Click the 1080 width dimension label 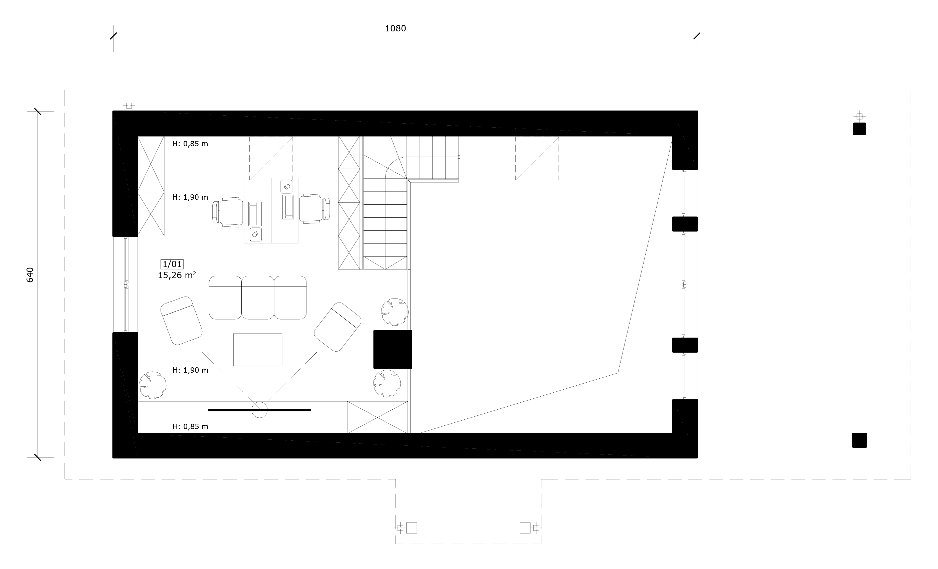point(396,29)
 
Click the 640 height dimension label point(30,275)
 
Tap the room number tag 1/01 point(172,264)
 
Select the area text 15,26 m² point(177,275)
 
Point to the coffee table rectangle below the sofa point(258,350)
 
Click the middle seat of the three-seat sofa point(258,298)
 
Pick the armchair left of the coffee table point(181,321)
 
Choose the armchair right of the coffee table point(337,327)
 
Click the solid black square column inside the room point(393,349)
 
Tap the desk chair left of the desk point(228,212)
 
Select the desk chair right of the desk point(314,208)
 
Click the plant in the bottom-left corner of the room point(152,385)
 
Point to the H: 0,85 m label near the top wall point(190,144)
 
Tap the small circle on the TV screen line point(260,410)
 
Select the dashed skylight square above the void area point(537,158)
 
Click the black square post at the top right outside point(859,129)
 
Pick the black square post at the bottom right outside point(859,440)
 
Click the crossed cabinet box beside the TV point(377,417)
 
